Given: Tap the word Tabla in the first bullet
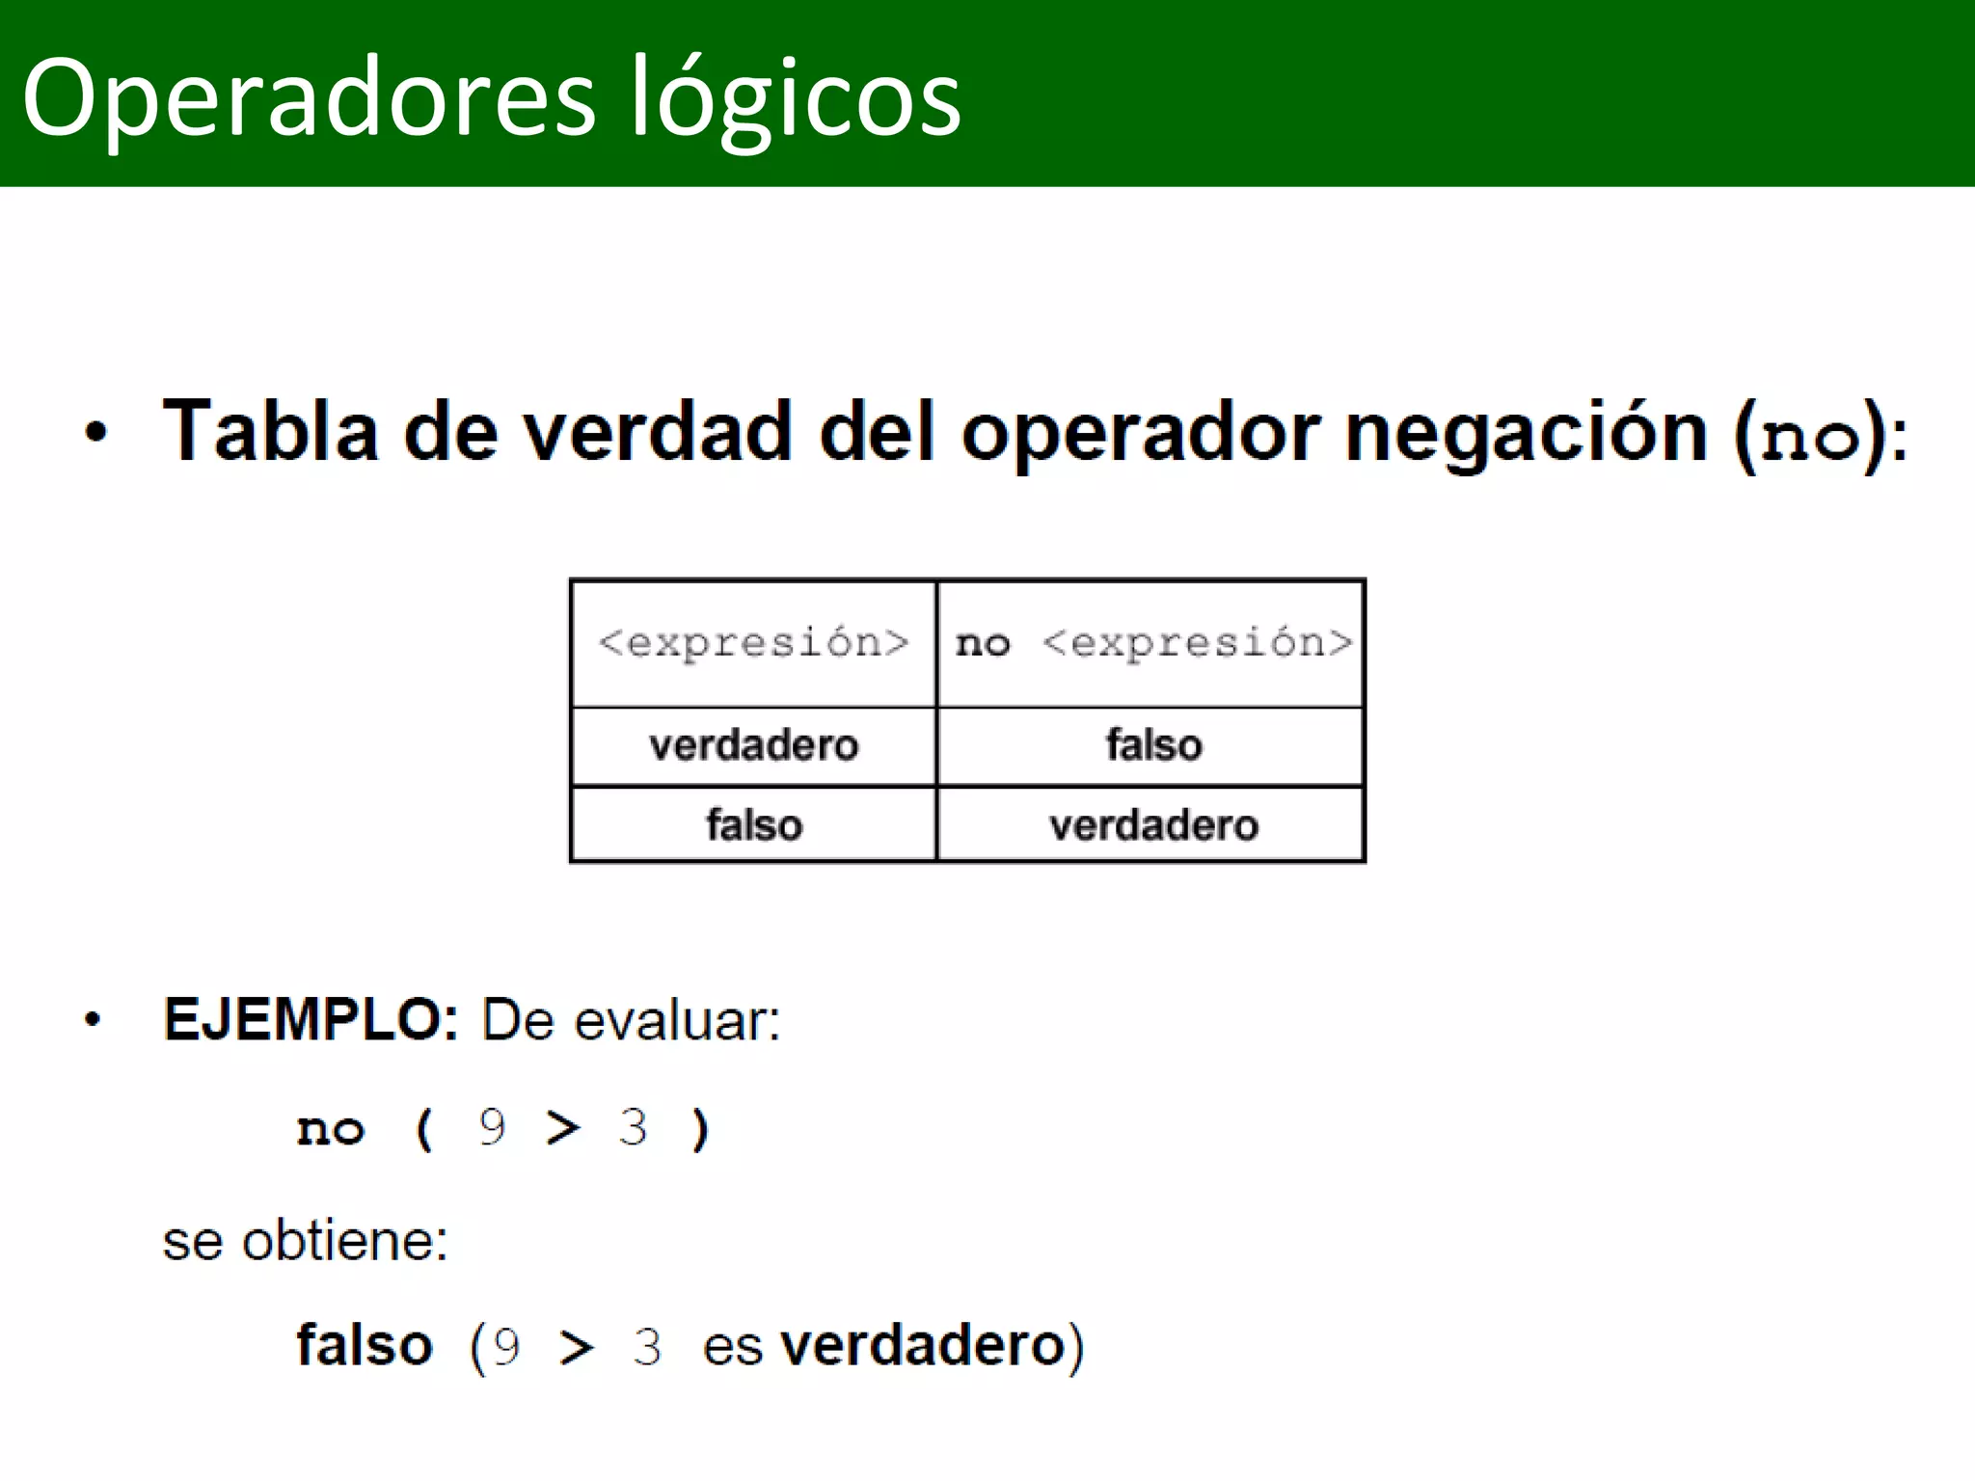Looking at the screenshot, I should pyautogui.click(x=270, y=431).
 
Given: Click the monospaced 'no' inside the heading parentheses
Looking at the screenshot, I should pyautogui.click(x=1810, y=439).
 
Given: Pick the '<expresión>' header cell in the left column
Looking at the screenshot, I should pyautogui.click(x=753, y=643).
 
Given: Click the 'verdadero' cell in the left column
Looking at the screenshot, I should pyautogui.click(x=753, y=745).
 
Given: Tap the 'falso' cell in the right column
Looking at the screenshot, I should pyautogui.click(x=1153, y=745).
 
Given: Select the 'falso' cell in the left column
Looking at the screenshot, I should pyautogui.click(x=753, y=825).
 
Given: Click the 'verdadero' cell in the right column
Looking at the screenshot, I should pyautogui.click(x=1153, y=825).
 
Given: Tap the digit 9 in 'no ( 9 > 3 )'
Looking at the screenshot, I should pyautogui.click(x=492, y=1127).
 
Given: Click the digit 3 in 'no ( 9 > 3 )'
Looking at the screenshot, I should pyautogui.click(x=633, y=1127).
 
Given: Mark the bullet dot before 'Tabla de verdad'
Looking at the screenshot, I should pyautogui.click(x=95, y=433).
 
